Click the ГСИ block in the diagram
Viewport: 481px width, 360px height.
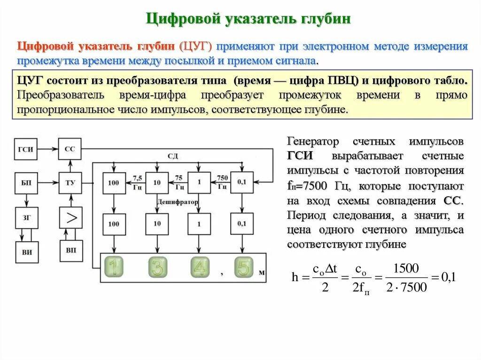click(26, 149)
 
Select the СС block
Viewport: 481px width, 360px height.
click(70, 149)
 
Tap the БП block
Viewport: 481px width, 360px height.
click(26, 183)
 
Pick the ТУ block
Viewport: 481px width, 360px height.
click(70, 183)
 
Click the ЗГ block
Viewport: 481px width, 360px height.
click(26, 217)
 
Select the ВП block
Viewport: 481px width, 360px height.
click(70, 251)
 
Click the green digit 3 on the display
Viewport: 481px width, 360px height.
click(157, 268)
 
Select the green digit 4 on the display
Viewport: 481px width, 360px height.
click(200, 268)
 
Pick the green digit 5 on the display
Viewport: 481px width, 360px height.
click(243, 268)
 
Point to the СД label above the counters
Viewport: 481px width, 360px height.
click(173, 156)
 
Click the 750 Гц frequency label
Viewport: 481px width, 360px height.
click(223, 182)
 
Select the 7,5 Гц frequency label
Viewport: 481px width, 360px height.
click(137, 182)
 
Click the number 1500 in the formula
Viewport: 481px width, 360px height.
click(405, 268)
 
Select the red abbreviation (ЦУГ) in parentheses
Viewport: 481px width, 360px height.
click(195, 46)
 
